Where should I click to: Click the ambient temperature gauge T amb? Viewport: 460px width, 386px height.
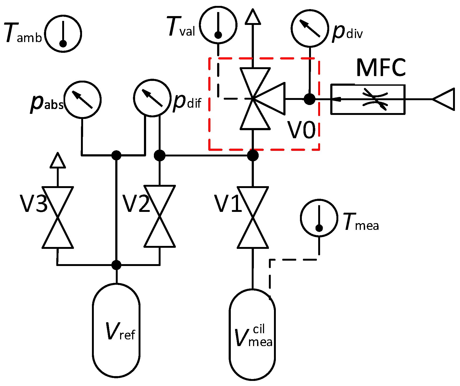tap(63, 34)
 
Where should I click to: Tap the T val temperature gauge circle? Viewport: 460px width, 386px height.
tap(218, 25)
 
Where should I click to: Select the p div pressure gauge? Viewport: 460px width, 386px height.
tap(310, 28)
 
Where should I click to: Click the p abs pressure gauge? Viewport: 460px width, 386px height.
tap(83, 100)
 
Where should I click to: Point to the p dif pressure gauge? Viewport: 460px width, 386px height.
tap(152, 98)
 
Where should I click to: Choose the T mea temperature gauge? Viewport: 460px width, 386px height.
tap(319, 218)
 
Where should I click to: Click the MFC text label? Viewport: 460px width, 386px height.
tap(381, 68)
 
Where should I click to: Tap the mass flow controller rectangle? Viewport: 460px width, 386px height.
tap(368, 99)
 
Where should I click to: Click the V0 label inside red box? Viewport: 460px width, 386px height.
tap(302, 130)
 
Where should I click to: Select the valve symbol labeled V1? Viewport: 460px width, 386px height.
tap(253, 217)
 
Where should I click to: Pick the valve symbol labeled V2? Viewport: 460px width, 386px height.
tap(160, 216)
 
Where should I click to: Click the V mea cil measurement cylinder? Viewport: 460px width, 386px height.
tap(252, 335)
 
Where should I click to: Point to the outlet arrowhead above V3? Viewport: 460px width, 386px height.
tap(58, 160)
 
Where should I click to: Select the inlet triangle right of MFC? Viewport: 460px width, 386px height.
tap(444, 99)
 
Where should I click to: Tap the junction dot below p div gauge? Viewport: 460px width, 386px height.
tap(310, 99)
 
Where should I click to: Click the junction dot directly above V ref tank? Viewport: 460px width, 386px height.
tap(116, 265)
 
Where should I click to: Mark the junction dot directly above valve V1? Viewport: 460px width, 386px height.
tap(253, 155)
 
